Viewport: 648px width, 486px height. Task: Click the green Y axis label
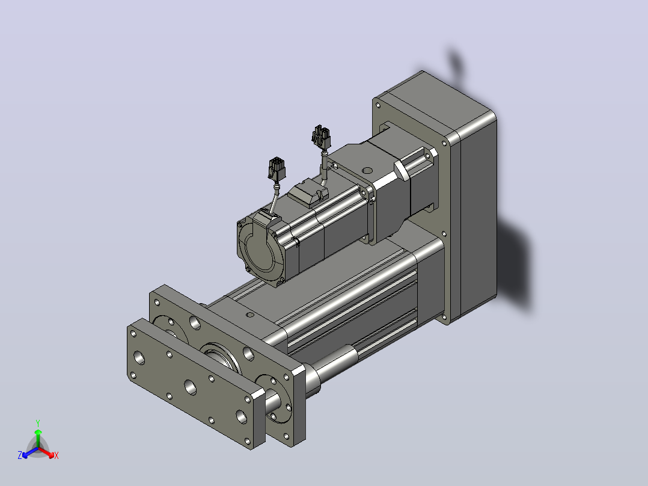point(38,423)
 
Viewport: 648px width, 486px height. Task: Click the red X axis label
point(57,455)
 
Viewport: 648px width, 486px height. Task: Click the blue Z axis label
point(20,455)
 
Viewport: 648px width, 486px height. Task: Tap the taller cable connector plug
point(321,137)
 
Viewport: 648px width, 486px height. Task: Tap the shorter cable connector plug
point(276,169)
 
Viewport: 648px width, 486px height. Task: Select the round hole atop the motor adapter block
point(367,170)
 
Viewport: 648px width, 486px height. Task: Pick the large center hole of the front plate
point(191,387)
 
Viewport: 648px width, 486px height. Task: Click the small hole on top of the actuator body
point(249,315)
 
